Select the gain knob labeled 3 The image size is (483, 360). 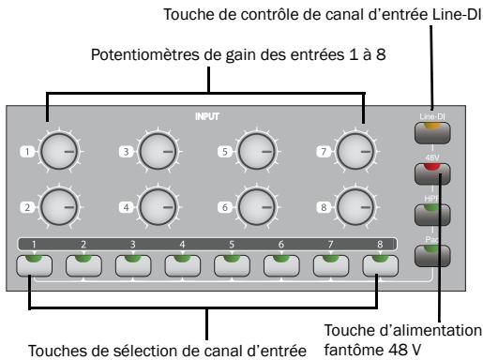tap(157, 150)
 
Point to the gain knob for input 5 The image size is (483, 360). tap(256, 150)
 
